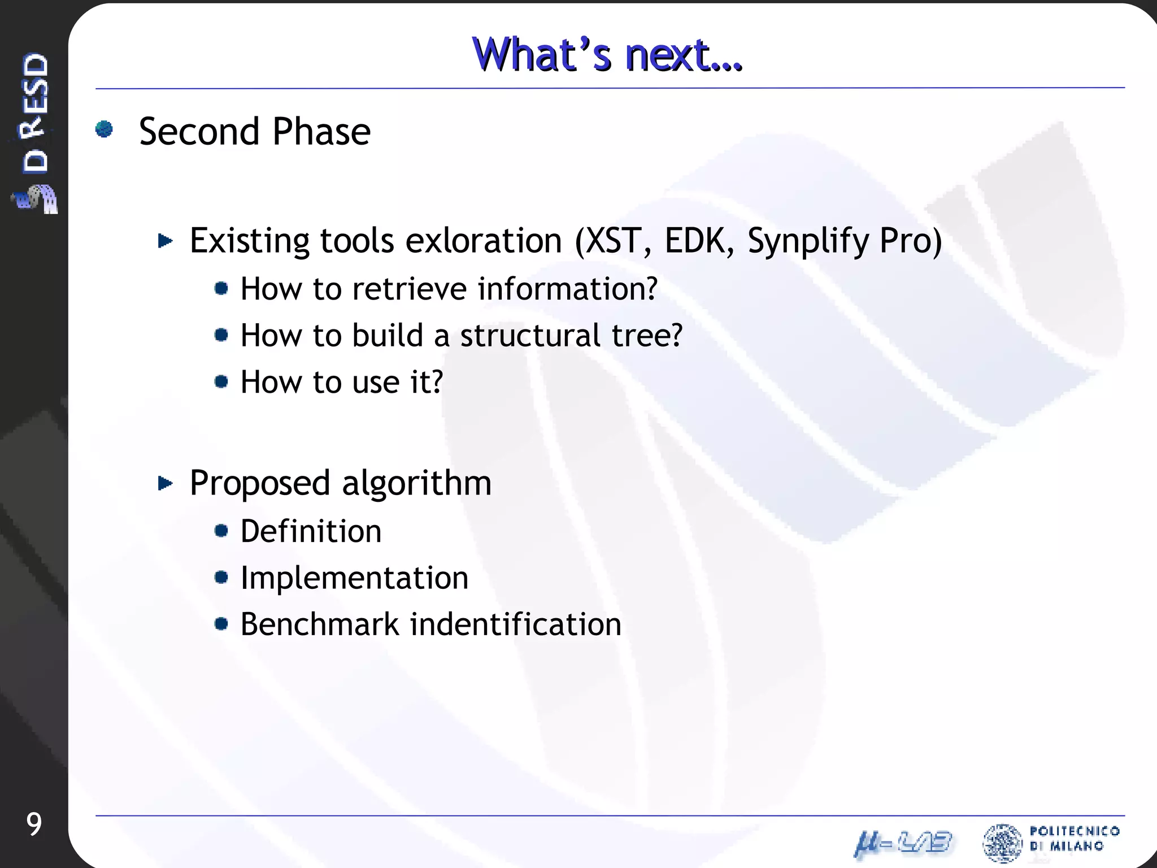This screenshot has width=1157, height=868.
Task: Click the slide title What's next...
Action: (607, 55)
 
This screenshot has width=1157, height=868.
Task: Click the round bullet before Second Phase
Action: (105, 129)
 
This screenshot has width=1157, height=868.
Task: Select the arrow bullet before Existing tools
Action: (165, 241)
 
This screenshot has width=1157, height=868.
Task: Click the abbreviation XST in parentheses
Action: (614, 241)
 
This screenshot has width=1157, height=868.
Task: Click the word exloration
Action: (484, 241)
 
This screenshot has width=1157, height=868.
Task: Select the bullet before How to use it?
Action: (221, 382)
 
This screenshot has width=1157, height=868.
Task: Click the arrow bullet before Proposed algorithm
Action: (165, 483)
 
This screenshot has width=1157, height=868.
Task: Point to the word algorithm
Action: (416, 484)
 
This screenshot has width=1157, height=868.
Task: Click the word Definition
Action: (311, 531)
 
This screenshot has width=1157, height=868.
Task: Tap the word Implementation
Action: (354, 578)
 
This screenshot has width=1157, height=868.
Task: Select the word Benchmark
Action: (320, 624)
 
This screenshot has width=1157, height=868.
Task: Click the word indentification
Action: (515, 624)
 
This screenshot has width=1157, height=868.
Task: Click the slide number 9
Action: (34, 824)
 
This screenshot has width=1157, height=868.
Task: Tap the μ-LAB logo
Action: (903, 844)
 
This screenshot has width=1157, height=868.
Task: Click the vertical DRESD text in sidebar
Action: (35, 113)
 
